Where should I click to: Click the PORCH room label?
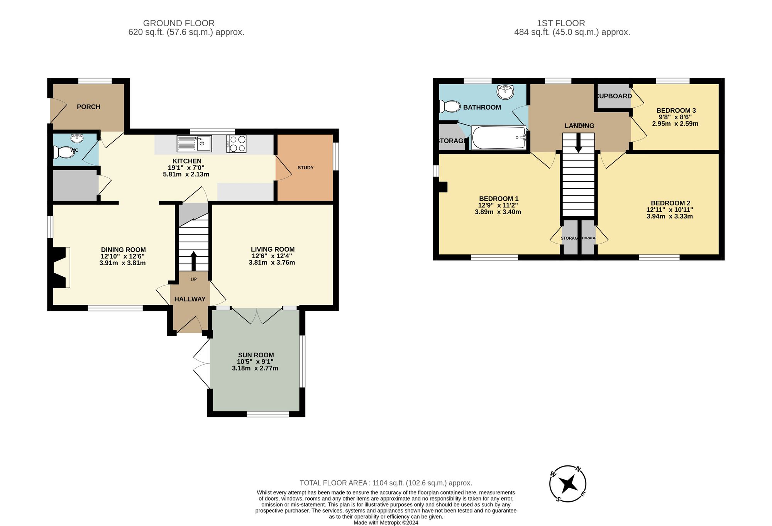tap(88, 107)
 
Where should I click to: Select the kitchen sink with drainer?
tap(194, 144)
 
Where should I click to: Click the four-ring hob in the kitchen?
tap(236, 144)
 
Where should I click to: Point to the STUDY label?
tap(305, 167)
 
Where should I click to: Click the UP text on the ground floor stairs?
tap(194, 279)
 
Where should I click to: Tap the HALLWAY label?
tap(190, 299)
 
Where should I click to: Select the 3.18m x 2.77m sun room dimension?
tap(255, 369)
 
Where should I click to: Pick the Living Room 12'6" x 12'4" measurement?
tap(272, 256)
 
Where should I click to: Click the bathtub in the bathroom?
tap(498, 138)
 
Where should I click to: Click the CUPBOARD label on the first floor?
tap(614, 96)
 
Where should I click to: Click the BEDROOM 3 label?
tap(676, 110)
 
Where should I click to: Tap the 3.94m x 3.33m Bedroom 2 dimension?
tap(670, 216)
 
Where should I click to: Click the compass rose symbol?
tap(568, 484)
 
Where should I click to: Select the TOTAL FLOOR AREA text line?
tap(386, 483)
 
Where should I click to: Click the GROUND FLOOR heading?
tap(179, 23)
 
